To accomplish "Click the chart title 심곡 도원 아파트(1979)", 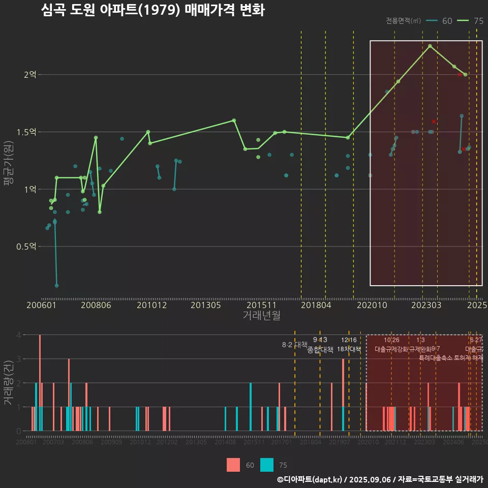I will tap(152, 10).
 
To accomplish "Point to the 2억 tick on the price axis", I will tap(30, 75).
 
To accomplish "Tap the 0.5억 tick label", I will tap(26, 247).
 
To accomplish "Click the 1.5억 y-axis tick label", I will tap(26, 132).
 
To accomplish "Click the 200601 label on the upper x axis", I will tap(41, 305).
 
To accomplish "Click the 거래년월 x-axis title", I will tap(261, 315).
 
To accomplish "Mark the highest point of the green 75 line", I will tap(430, 46).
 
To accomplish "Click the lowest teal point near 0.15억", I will tap(56, 286).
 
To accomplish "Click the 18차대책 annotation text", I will tap(349, 349).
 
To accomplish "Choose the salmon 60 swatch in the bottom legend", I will tap(233, 465).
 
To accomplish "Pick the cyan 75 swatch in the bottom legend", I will tap(266, 465).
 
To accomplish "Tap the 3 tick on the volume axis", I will tap(18, 359).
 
